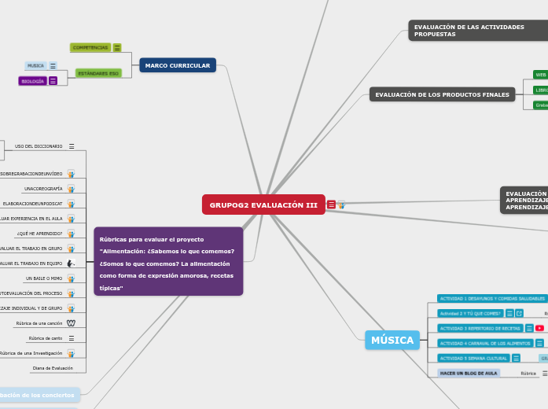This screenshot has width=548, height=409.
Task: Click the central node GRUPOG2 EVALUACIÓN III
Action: [263, 205]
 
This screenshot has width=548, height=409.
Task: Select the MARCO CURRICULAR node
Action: [178, 65]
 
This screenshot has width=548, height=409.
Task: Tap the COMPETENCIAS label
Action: [90, 47]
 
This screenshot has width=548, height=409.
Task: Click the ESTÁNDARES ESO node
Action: [98, 73]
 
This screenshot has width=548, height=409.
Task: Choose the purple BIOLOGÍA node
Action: [33, 81]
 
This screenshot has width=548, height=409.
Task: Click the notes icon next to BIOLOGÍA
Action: [53, 81]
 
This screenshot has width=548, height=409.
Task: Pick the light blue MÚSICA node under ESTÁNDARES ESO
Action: [35, 66]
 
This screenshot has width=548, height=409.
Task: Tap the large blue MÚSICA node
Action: [392, 341]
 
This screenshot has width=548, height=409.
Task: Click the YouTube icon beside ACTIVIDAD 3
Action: [540, 328]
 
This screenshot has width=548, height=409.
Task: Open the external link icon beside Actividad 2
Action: [520, 313]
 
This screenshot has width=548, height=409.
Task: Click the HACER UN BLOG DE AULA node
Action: [469, 373]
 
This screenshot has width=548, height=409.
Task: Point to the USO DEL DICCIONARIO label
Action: [39, 146]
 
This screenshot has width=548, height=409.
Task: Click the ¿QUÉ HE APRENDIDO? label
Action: [39, 234]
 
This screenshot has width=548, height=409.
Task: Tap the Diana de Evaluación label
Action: [52, 368]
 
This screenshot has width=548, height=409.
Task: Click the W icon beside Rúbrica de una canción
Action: [72, 323]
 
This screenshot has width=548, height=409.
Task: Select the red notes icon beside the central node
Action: [331, 205]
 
